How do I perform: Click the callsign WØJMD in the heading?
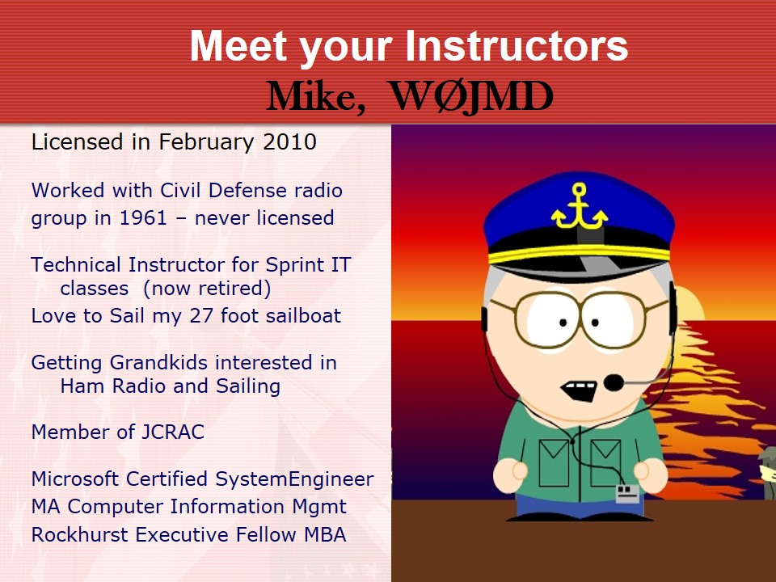pos(471,96)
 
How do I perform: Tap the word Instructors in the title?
pos(517,45)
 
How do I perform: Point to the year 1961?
pos(144,217)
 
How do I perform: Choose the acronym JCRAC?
pos(173,432)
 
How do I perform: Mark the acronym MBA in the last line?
pos(325,535)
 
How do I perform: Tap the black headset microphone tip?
pos(614,382)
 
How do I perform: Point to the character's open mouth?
pos(580,390)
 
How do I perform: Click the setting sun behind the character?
pos(689,302)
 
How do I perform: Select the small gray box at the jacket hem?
pos(627,493)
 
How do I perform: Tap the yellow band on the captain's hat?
pos(579,253)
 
